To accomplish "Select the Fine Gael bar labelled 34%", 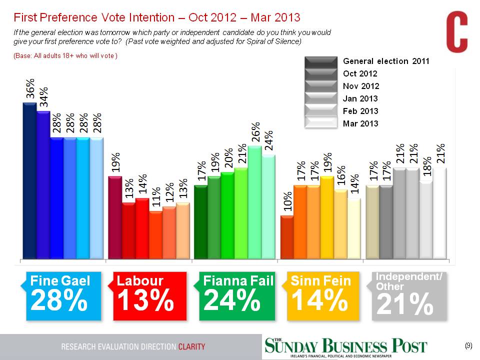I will point(43,185).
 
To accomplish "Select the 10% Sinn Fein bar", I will point(287,237).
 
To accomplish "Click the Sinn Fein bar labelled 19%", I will point(327,217).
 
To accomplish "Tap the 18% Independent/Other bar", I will point(426,220).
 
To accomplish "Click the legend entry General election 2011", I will point(386,61).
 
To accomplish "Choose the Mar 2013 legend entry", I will point(360,123).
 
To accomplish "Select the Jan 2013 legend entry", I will point(360,98).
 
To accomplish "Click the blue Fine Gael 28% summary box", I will point(63,295).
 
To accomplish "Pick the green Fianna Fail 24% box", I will point(237,295).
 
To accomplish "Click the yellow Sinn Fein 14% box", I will point(323,295).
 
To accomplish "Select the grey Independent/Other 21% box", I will point(408,295).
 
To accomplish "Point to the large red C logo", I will point(456,33).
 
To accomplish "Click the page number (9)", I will point(468,345).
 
